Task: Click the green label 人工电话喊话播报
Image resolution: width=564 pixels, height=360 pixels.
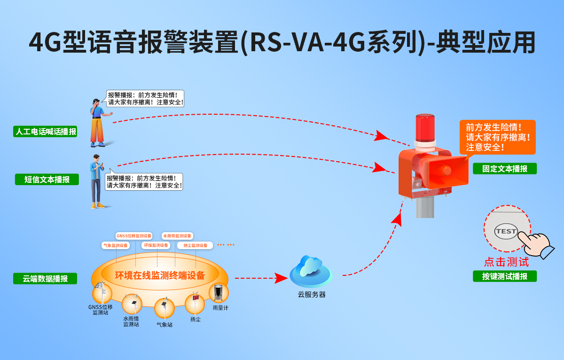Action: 46,132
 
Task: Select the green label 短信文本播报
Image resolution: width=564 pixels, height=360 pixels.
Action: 47,180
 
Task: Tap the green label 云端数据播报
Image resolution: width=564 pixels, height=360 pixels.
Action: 45,279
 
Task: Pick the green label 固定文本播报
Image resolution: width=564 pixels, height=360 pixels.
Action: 504,169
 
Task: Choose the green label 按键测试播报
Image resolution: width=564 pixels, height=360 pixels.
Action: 504,276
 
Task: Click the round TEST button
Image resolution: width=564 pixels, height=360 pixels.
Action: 506,231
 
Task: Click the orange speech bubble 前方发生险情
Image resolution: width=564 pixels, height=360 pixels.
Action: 497,137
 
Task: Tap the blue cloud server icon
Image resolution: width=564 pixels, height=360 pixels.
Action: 311,271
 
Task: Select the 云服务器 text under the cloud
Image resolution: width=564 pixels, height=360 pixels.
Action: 311,295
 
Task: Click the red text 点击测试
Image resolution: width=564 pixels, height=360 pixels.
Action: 506,262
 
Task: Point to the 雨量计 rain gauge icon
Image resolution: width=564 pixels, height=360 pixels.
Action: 219,293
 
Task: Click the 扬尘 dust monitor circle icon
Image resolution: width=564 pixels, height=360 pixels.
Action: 195,304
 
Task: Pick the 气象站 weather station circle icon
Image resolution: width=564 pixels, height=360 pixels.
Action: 164,307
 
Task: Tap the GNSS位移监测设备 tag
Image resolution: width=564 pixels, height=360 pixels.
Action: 134,236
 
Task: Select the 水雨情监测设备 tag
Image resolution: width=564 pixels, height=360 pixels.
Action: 177,236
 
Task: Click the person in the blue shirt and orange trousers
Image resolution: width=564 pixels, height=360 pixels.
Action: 98,123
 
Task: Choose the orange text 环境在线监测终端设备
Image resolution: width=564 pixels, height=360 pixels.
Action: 160,275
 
